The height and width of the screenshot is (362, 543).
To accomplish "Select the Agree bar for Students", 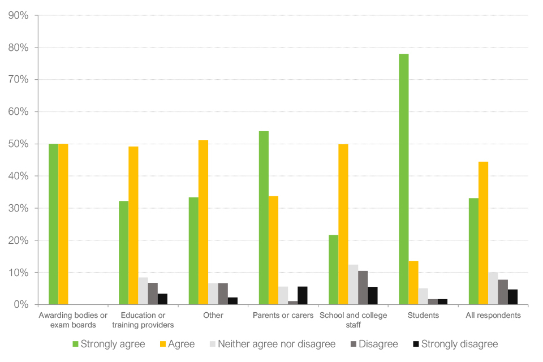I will point(413,283).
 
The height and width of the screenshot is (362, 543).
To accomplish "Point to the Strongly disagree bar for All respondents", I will point(512,297).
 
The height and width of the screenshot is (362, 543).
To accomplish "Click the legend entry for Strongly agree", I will point(109,344).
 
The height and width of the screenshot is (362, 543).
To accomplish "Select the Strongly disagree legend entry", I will point(455,344).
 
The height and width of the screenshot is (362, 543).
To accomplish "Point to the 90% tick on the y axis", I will point(19,15).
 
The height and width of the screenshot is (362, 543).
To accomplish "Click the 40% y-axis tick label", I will point(19,176).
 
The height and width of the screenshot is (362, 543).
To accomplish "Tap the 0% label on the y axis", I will point(21,305).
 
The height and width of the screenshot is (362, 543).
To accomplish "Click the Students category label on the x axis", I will point(423,316).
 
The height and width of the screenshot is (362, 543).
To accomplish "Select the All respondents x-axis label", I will point(493,316).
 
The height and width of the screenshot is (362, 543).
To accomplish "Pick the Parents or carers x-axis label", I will point(283,316).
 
